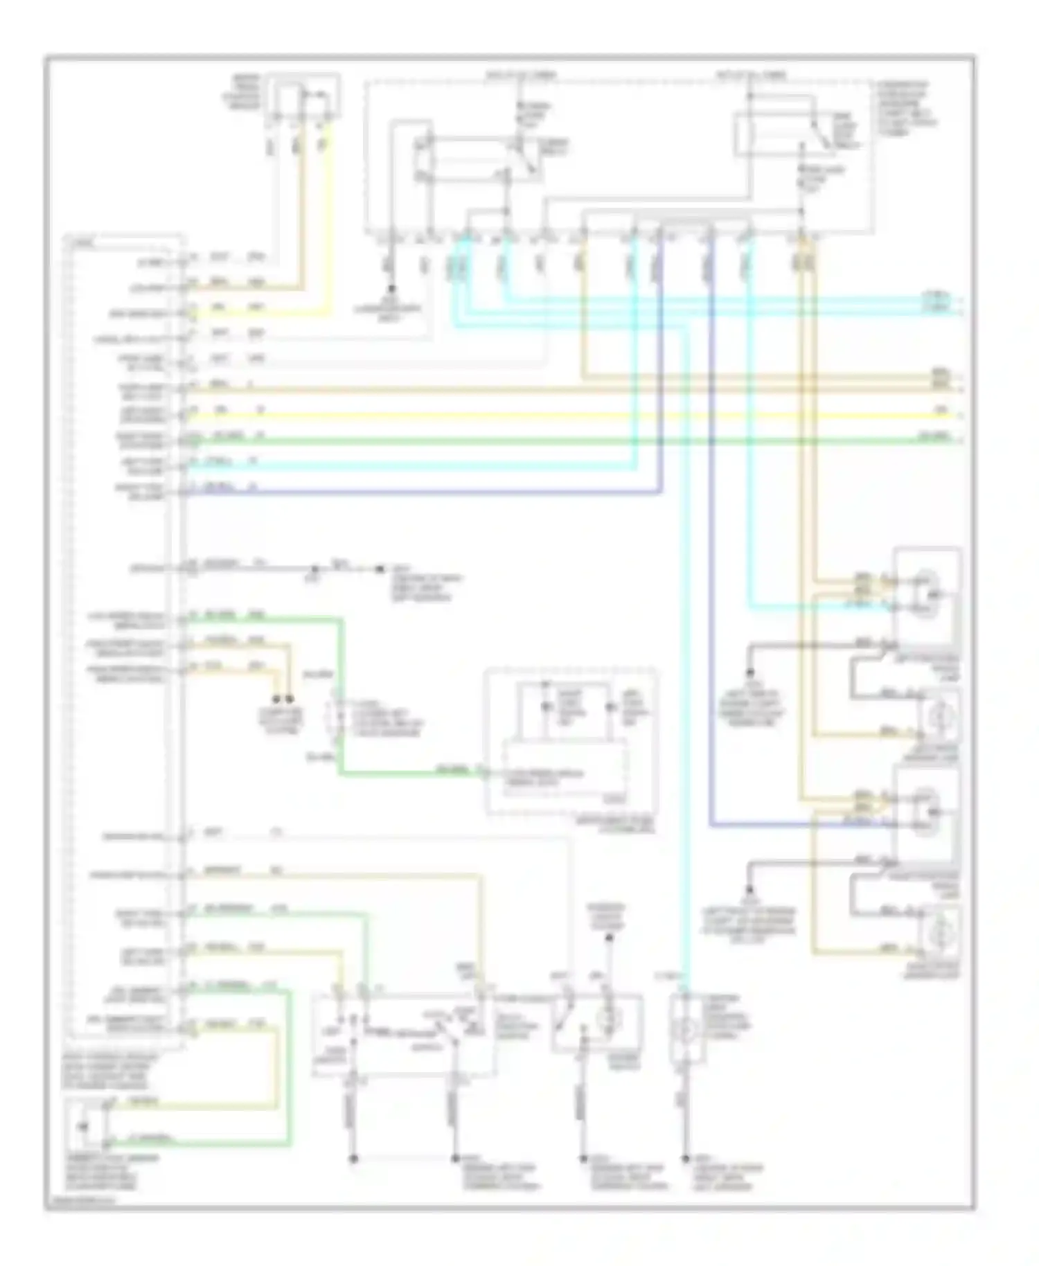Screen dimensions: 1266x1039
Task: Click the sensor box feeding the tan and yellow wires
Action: tap(305, 97)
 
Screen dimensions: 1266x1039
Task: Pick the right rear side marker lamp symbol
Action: tap(938, 933)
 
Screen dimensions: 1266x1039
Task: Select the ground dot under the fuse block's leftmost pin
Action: tap(391, 288)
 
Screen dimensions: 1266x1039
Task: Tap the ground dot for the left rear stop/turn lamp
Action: tap(749, 672)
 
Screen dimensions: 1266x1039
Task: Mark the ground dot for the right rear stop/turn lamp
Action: tap(749, 889)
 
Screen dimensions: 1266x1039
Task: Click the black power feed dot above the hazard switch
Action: tap(609, 938)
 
